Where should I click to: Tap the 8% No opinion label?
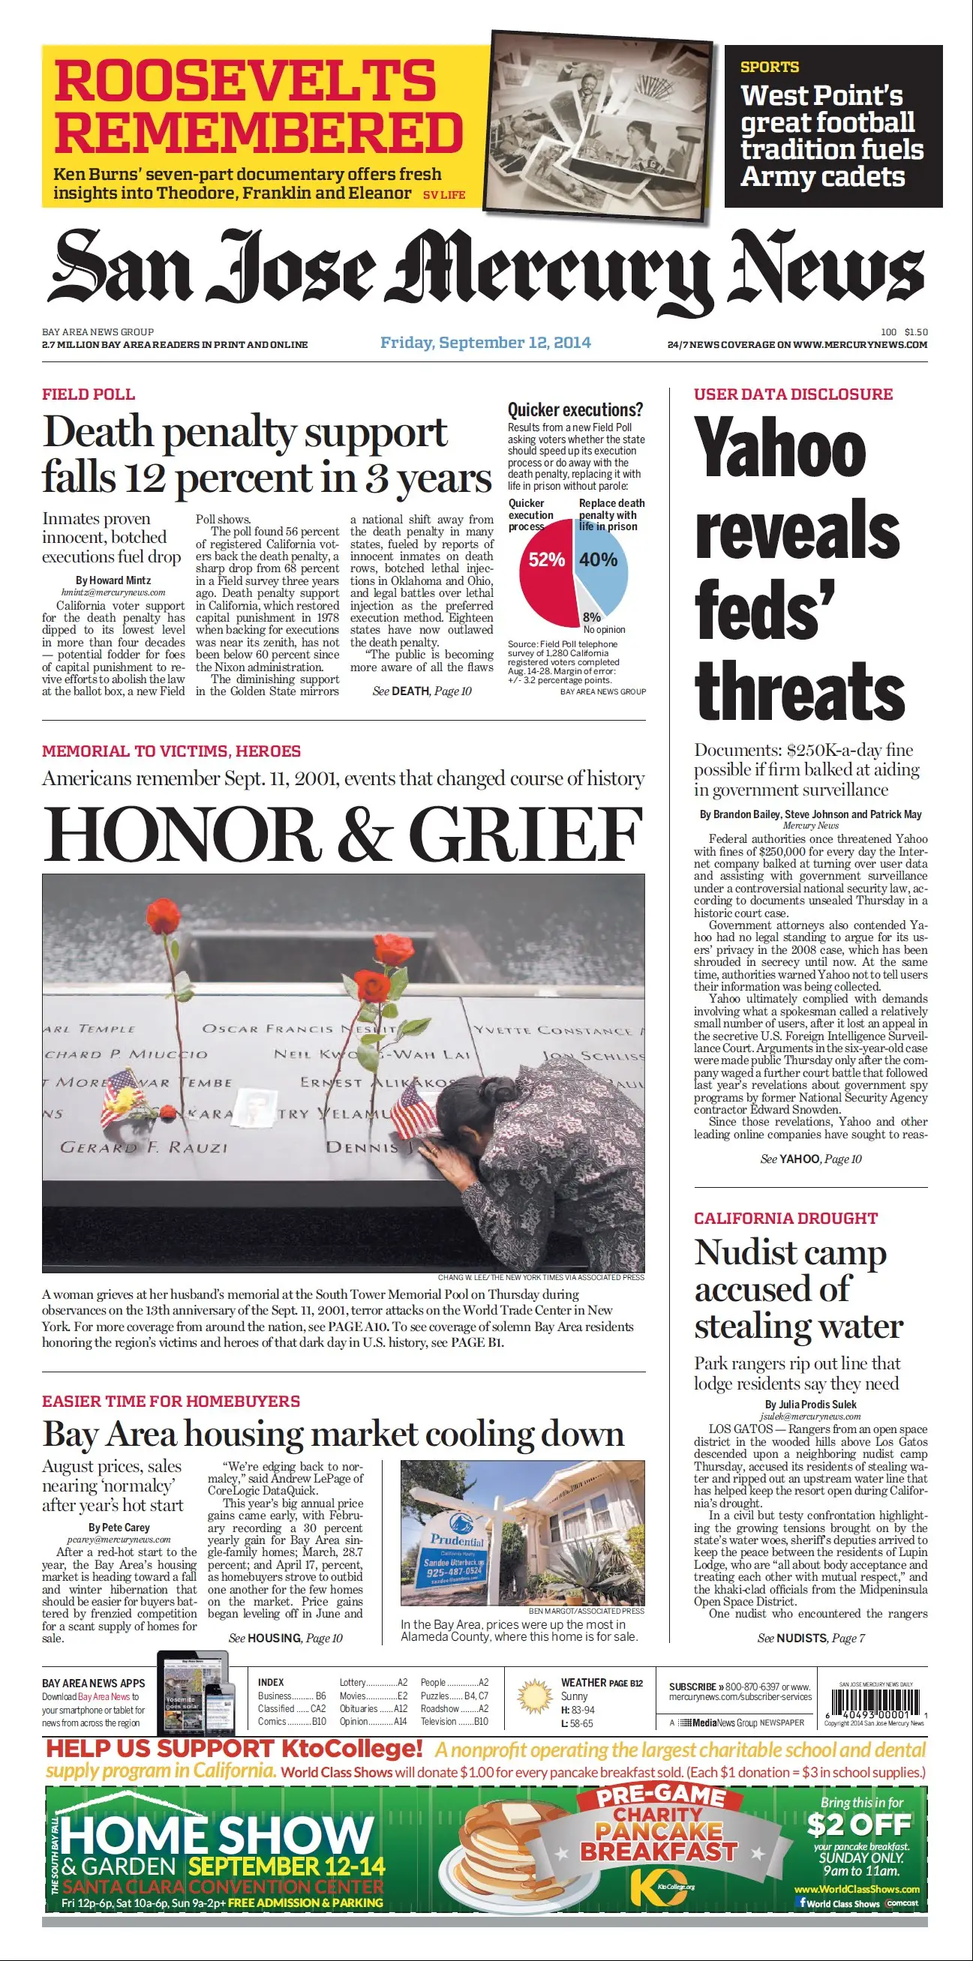point(599,622)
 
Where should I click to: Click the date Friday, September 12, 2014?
point(485,343)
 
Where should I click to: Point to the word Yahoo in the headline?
point(780,448)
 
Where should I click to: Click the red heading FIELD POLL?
point(89,394)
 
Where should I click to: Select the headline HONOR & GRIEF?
point(343,835)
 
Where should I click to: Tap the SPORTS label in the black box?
point(770,67)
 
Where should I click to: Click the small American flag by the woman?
point(415,1109)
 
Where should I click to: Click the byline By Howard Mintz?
point(113,580)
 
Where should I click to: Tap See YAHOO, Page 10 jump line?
point(811,1159)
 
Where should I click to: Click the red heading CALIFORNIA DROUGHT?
point(785,1219)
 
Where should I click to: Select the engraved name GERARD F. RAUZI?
point(144,1147)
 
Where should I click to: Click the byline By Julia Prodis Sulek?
point(811,1405)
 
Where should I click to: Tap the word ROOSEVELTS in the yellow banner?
point(245,81)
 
